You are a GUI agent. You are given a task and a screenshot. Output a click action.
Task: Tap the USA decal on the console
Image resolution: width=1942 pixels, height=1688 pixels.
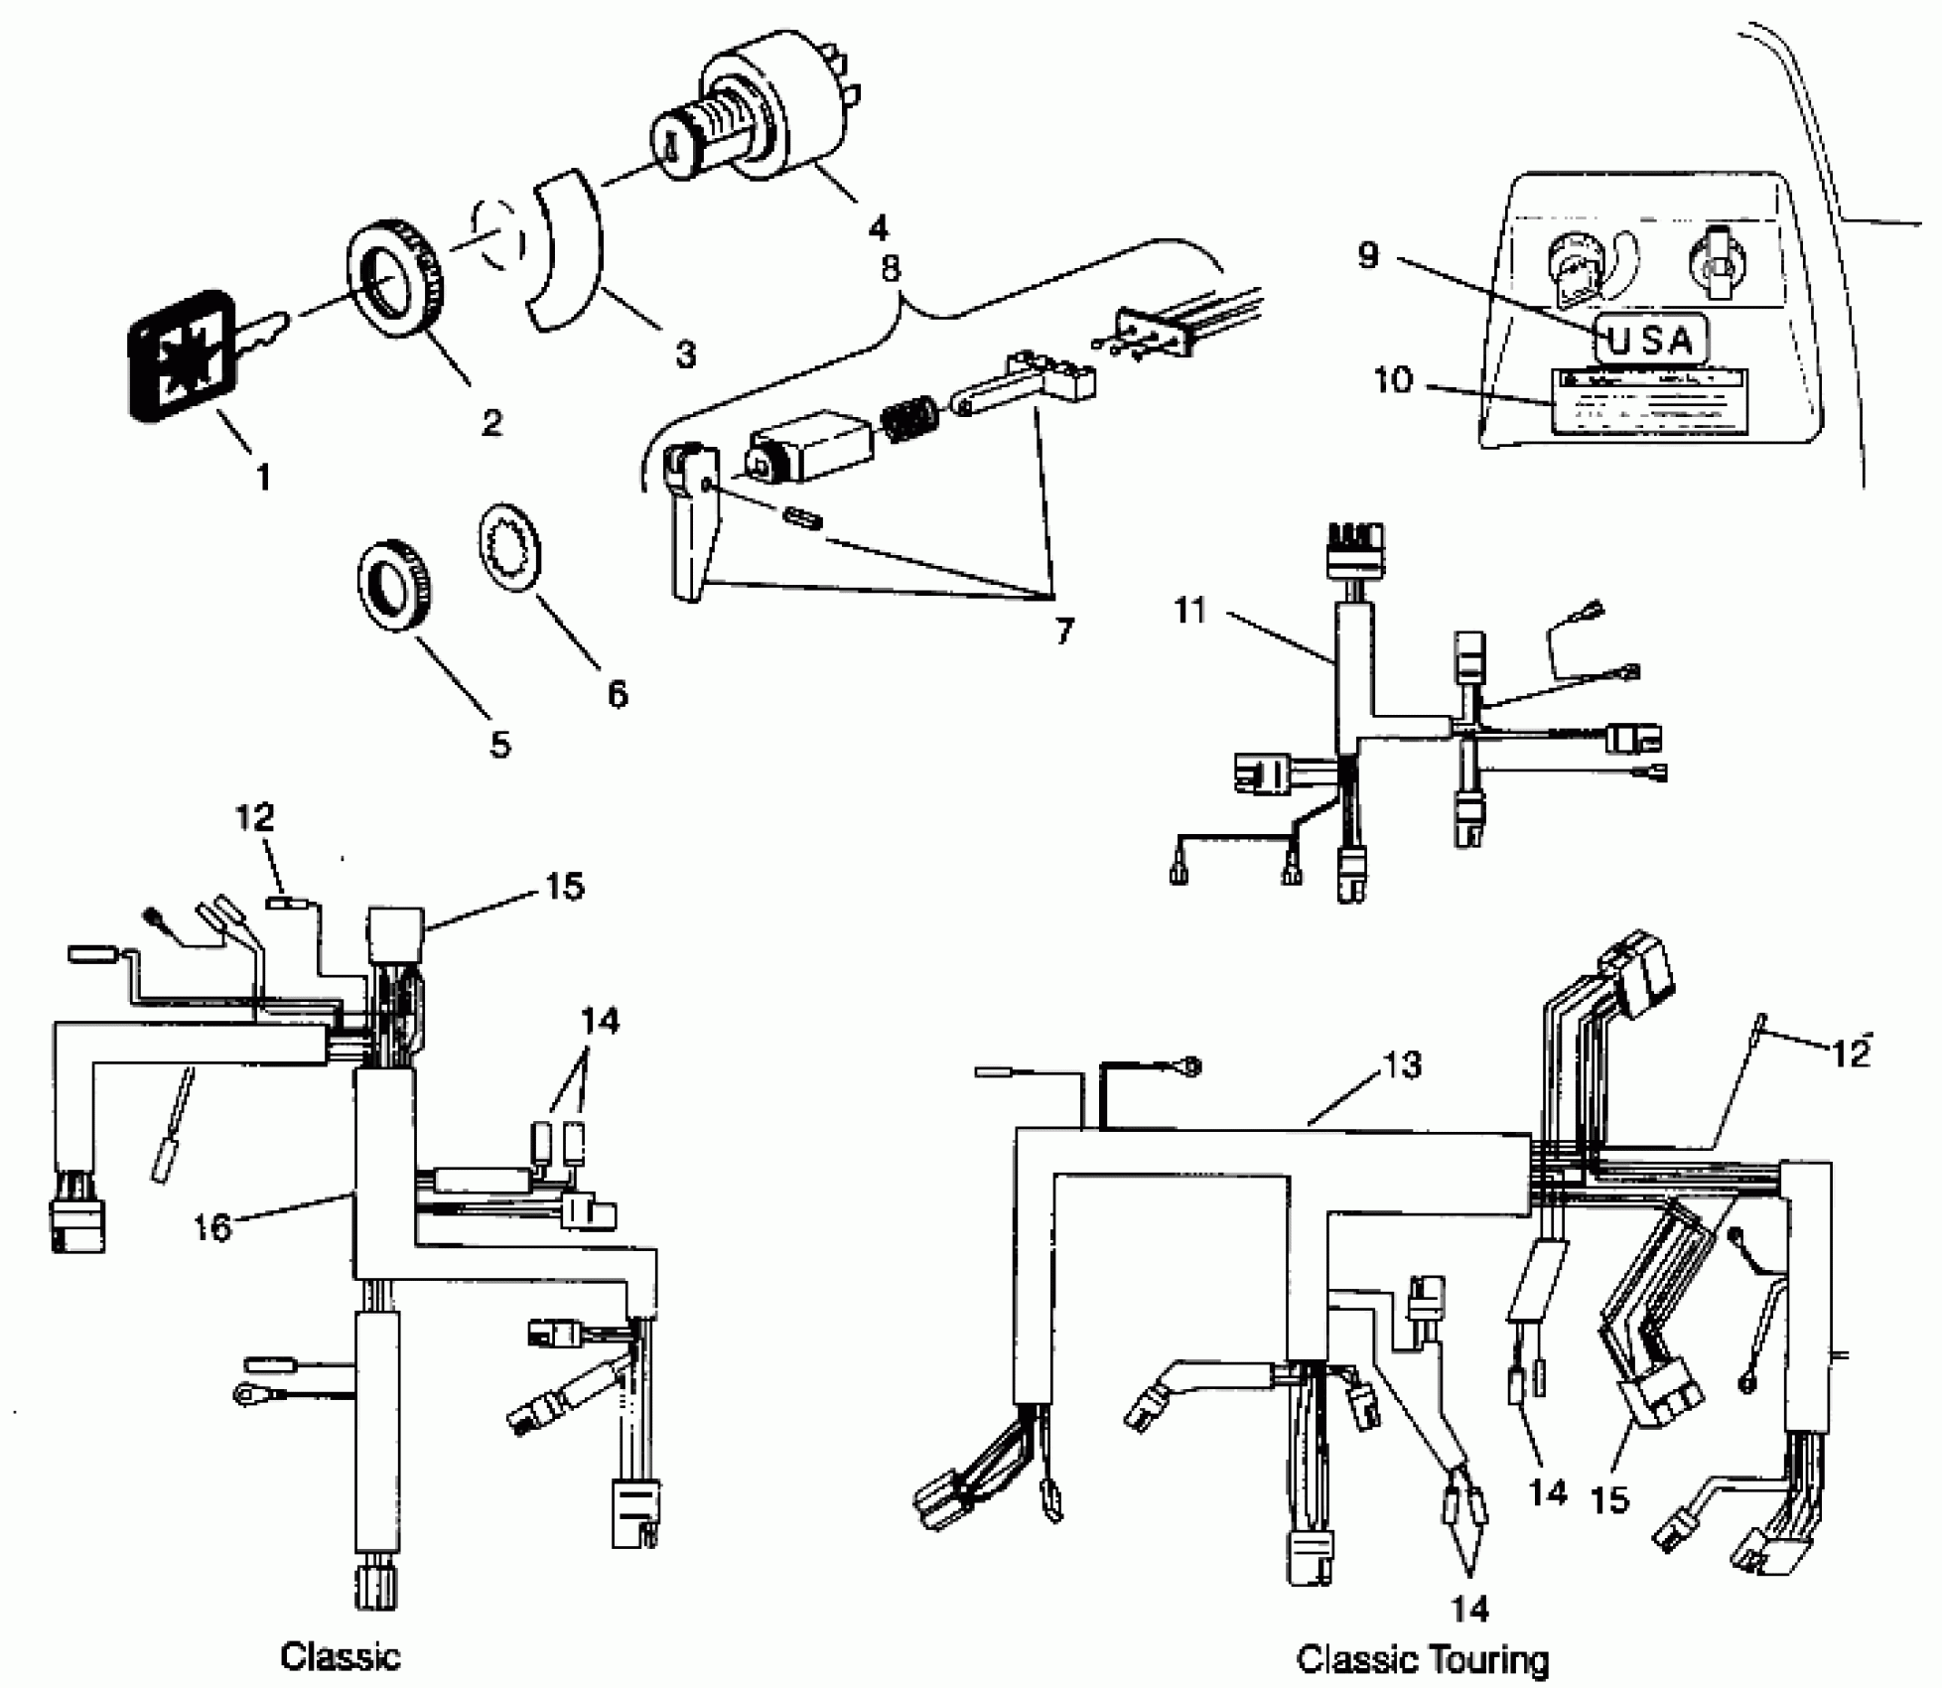point(1650,341)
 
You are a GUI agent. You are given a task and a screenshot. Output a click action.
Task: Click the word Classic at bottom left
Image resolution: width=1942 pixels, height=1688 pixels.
point(341,1655)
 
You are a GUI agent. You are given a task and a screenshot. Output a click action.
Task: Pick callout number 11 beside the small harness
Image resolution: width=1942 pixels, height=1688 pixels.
point(1189,610)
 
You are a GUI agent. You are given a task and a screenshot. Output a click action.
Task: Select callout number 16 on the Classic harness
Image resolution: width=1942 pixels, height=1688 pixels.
point(212,1227)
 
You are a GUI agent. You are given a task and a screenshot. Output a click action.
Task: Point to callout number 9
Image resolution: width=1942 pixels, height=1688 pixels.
point(1368,255)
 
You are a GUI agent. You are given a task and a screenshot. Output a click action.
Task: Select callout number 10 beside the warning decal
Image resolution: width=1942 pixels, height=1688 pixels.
point(1392,378)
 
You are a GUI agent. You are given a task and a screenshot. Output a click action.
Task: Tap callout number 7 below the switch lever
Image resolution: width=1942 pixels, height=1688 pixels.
point(1063,630)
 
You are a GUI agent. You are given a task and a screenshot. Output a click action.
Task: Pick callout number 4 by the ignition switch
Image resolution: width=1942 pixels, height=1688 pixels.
point(878,228)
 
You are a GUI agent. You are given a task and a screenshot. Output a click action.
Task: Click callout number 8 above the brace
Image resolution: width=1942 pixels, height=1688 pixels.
point(891,269)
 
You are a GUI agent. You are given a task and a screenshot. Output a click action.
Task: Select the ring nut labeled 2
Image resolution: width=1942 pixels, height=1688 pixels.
point(395,283)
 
